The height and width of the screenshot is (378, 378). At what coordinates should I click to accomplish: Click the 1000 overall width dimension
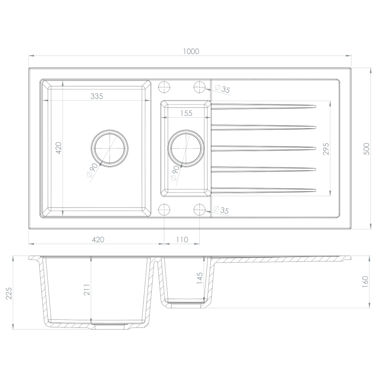[x=191, y=52]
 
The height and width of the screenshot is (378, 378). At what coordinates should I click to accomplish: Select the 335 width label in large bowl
[x=97, y=96]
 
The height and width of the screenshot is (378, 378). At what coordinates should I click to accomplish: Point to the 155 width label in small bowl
[x=186, y=113]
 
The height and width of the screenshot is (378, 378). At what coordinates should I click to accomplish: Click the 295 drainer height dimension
[x=326, y=149]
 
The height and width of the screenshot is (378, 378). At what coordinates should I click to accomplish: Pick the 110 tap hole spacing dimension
[x=182, y=240]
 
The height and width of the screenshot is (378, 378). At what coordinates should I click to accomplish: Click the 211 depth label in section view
[x=87, y=290]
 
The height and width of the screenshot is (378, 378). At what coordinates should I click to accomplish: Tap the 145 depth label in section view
[x=200, y=278]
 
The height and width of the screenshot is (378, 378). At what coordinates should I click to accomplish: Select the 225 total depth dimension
[x=9, y=293]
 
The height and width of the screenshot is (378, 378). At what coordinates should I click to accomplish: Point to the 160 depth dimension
[x=365, y=282]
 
